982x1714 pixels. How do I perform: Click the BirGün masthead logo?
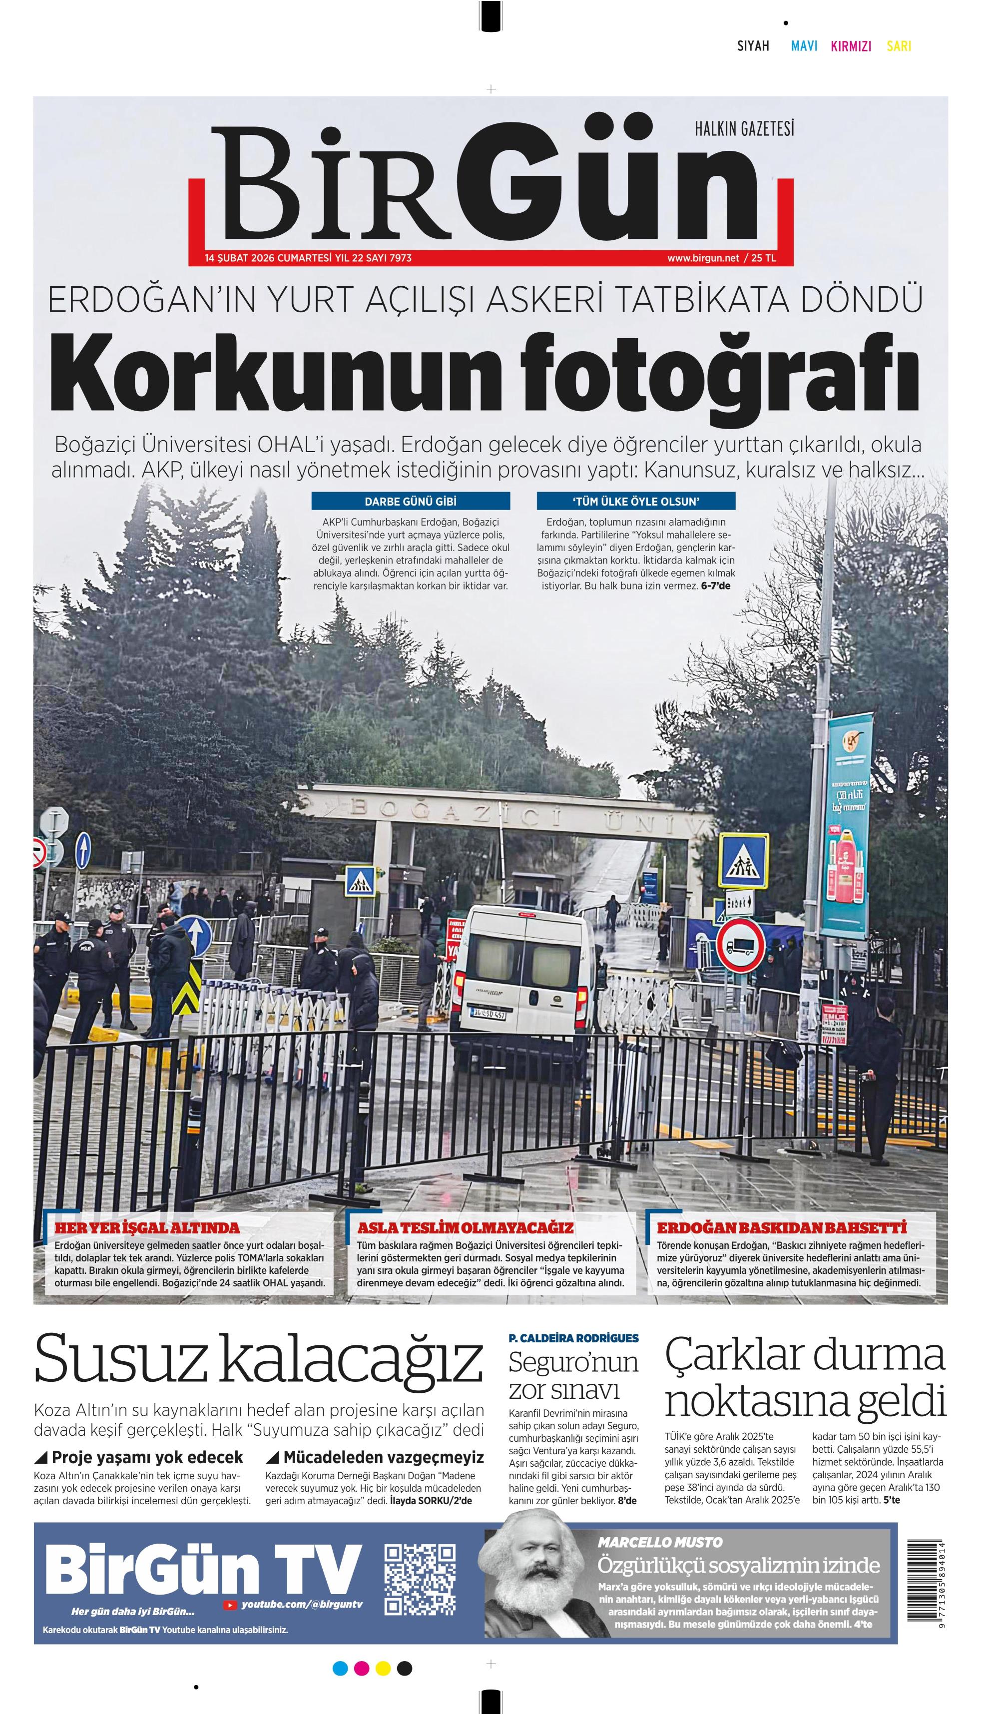click(x=491, y=185)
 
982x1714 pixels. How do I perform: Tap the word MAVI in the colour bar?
click(x=804, y=46)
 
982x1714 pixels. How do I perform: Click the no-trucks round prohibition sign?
click(x=740, y=946)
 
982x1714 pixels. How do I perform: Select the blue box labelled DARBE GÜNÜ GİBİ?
click(x=410, y=501)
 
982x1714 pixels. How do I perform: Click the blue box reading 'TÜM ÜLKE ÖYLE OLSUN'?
click(x=635, y=501)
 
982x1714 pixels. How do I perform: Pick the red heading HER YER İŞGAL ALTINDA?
click(x=147, y=1227)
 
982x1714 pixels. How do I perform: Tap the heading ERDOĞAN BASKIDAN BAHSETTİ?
click(x=782, y=1227)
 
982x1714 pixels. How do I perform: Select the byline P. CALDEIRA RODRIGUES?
click(x=573, y=1338)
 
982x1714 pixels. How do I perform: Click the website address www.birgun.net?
click(x=703, y=258)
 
